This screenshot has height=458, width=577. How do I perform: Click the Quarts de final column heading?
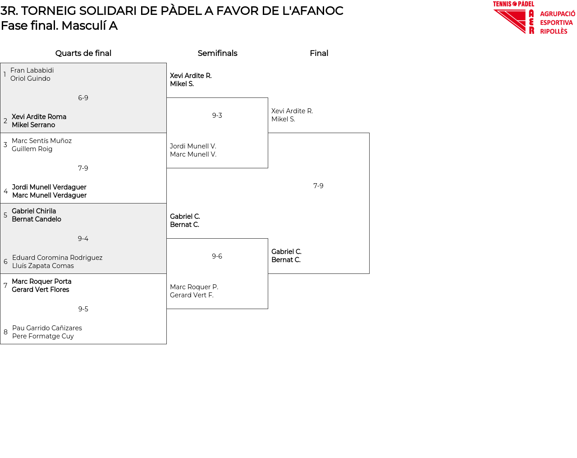coord(83,53)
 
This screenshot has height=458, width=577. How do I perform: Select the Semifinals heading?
coord(217,53)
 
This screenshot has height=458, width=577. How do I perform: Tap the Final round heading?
coord(319,53)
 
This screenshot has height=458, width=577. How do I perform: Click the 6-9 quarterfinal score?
coord(83,98)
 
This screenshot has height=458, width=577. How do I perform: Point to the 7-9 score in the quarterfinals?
coord(83,168)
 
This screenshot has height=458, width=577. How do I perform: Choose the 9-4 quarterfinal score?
coord(83,239)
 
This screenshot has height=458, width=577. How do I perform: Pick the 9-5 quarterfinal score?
coord(83,309)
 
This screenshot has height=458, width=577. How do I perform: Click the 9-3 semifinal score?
coord(217,116)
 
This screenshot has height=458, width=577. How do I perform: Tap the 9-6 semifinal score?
coord(217,256)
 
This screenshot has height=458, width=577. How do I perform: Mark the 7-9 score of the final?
coord(318,186)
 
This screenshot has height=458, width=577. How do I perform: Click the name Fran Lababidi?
coord(32,70)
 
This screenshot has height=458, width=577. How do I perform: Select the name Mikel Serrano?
coord(33,125)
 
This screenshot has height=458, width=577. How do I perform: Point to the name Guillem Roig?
coord(32,149)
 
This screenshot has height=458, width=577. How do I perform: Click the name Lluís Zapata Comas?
coord(43,266)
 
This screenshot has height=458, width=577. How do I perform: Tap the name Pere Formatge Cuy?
coord(43,336)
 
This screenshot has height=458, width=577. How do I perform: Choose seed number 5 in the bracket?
coord(5,215)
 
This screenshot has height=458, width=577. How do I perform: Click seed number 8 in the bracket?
coord(5,332)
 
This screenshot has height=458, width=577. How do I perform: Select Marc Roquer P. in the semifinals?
coord(194,287)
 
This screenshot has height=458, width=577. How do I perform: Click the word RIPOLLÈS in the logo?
coord(554,32)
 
